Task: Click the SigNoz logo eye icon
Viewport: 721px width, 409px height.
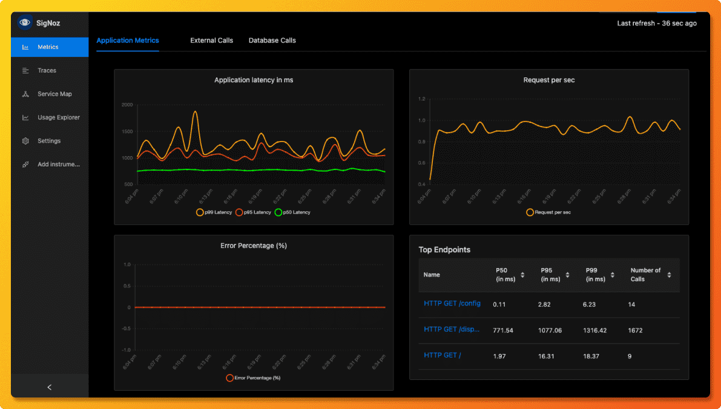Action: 24,23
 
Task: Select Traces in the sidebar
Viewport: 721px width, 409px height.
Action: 47,71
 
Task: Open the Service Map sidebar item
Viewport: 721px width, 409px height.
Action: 54,94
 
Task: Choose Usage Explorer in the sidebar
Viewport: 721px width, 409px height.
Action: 58,117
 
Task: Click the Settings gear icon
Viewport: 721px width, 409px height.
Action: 25,141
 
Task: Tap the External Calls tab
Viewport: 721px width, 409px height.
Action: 211,41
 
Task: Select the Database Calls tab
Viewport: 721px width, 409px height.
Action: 272,41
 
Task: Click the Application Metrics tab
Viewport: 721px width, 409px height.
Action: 128,41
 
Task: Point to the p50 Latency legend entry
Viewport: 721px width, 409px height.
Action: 292,212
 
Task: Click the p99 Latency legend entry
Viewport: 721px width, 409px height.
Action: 214,212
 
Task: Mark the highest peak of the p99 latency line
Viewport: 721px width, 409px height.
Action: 195,111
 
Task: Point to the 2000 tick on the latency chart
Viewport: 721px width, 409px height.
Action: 127,105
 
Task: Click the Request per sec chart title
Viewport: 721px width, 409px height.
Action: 548,80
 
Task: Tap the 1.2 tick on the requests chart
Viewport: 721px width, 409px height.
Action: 422,99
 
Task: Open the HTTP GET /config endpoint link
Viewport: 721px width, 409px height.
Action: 452,304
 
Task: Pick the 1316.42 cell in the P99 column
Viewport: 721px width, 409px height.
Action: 594,330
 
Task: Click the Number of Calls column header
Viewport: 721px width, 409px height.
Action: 645,275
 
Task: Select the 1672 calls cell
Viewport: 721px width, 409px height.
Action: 635,330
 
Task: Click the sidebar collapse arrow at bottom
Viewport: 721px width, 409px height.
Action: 50,387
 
